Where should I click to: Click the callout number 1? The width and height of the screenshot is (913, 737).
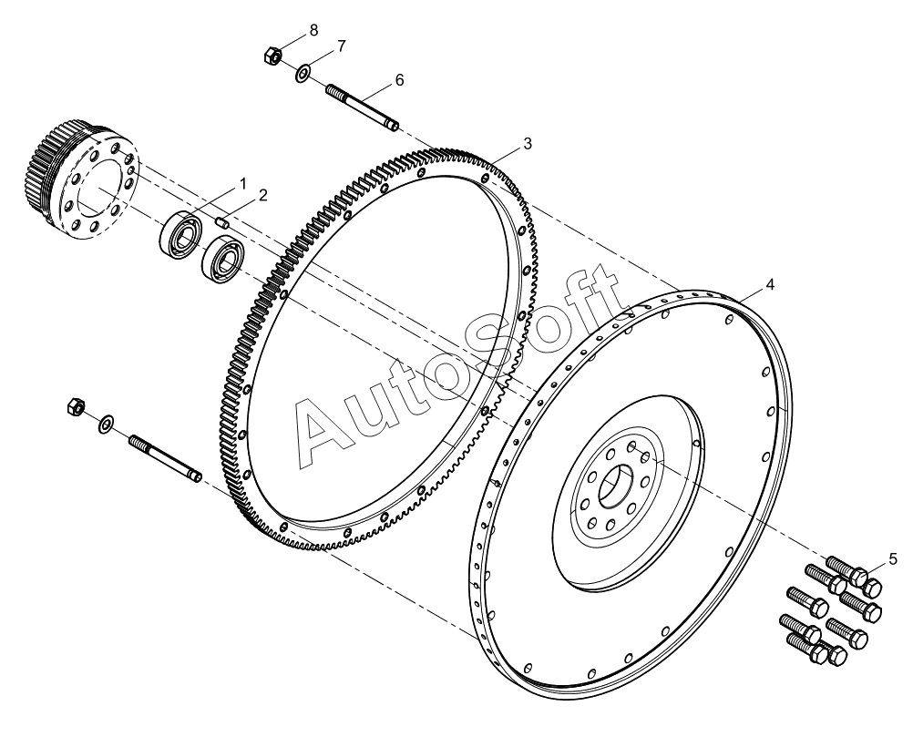click(x=243, y=183)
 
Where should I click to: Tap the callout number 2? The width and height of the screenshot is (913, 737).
click(x=262, y=195)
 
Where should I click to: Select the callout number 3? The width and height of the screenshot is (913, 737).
click(x=527, y=145)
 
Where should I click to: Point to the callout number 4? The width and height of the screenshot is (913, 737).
click(x=770, y=285)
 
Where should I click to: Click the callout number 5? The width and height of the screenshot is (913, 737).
click(x=893, y=558)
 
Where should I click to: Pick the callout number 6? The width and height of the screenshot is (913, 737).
click(x=399, y=80)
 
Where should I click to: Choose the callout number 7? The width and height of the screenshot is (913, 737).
click(x=341, y=46)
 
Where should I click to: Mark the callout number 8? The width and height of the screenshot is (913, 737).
click(x=313, y=30)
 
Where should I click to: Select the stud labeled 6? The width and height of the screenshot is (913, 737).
click(x=363, y=106)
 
